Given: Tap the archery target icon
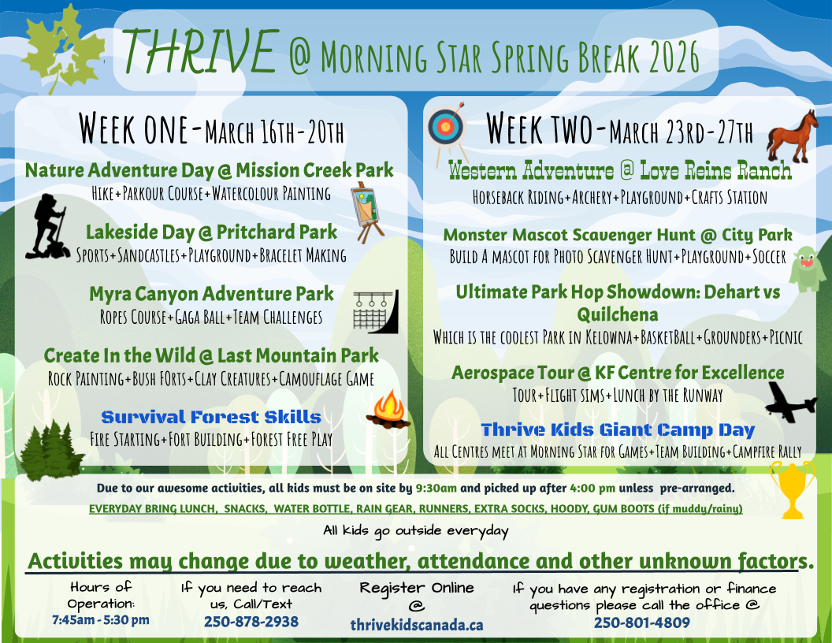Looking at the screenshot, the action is pos(446,128).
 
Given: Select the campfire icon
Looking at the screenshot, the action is pos(390,409).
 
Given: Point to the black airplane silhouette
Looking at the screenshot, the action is pos(790,402).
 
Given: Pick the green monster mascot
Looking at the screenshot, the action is pos(807,269).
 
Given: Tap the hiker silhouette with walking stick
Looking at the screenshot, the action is pos(49,226).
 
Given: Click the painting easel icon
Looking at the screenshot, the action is pos(366,212).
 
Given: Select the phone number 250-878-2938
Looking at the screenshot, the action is pos(251,622).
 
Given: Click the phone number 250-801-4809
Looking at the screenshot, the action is pos(641,623).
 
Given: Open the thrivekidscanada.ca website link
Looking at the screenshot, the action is pos(417,625).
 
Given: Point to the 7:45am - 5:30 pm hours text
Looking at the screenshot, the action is pos(101,619).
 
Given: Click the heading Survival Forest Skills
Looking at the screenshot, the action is pos(211,417).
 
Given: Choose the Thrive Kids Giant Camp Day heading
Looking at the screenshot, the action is pos(618,429).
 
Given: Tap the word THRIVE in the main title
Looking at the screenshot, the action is pos(201,51).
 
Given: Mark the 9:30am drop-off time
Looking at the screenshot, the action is pos(436,488).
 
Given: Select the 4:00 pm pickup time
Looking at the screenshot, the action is pos(592,488).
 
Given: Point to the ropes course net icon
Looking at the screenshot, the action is pos(376,311).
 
